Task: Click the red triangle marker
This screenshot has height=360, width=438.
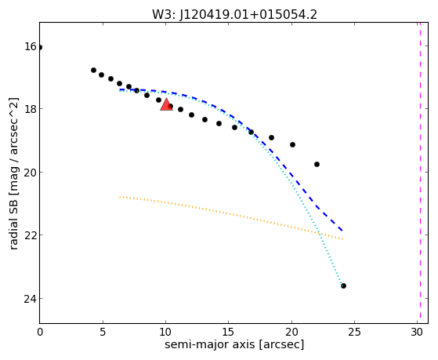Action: coord(166,104)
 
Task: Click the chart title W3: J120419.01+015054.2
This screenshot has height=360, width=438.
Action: coord(234,15)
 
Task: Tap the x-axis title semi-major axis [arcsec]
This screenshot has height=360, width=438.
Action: coord(234,344)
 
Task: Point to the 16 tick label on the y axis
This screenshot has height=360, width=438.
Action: coord(31,46)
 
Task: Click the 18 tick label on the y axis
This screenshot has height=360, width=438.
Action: coord(31,109)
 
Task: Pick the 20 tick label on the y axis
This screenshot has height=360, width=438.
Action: coord(31,173)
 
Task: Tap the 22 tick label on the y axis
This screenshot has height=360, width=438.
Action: coord(31,235)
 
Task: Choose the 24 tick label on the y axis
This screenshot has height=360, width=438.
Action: coord(31,299)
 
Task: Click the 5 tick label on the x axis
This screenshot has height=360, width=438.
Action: coord(103,333)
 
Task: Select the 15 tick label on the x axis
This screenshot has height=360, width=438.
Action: coord(229,333)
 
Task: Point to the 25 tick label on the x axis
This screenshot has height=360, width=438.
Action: coord(354,333)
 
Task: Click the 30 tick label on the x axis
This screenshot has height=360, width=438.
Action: coord(418,333)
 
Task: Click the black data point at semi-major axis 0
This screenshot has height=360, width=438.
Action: coord(40,47)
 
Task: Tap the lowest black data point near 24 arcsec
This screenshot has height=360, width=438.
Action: coord(343,285)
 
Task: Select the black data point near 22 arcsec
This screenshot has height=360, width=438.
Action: coord(317,164)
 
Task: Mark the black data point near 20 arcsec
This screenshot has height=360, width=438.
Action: coord(292,144)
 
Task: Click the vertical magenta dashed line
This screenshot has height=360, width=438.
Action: coord(420,173)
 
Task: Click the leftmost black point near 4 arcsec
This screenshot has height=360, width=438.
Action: coord(93,71)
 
